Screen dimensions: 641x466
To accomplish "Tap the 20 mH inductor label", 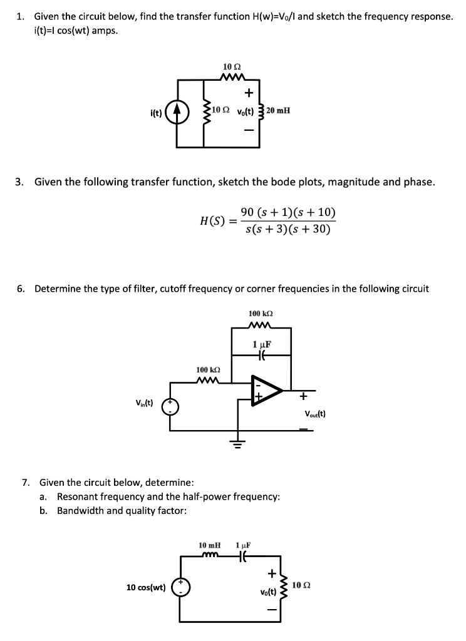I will [278, 111].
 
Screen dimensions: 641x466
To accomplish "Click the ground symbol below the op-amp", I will [237, 445].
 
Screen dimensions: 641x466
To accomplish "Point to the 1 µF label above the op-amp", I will [261, 344].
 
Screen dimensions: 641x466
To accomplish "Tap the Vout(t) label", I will [314, 413].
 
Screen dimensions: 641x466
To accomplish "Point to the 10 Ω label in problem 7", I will [303, 585].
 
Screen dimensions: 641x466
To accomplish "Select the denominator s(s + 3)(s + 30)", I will [288, 229].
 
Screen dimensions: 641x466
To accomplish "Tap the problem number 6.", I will [21, 289].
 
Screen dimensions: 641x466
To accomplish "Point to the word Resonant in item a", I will [78, 496].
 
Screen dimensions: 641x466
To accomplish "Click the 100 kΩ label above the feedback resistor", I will [261, 313].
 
